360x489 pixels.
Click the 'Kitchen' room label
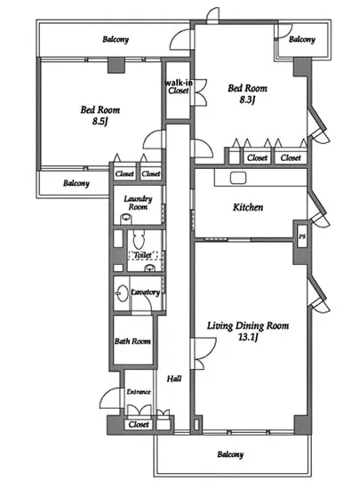(248, 207)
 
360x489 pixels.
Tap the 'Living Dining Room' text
(248, 326)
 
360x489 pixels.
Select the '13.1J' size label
(248, 337)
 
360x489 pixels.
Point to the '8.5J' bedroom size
(100, 121)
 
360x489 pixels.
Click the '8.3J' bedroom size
(247, 100)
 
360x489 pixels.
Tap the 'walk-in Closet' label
(179, 87)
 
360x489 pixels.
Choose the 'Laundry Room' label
(138, 203)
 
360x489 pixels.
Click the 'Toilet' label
(143, 255)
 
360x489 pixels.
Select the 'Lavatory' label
(145, 293)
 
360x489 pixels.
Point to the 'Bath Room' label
(132, 341)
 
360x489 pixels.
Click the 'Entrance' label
(139, 392)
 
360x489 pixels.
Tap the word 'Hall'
(174, 379)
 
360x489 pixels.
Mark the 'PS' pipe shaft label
(301, 236)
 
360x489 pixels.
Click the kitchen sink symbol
(238, 178)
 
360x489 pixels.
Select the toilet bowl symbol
(139, 239)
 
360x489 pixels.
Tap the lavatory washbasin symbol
(122, 293)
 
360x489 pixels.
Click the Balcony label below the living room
(230, 454)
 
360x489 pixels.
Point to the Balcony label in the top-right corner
(301, 39)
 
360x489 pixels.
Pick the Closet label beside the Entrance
(139, 424)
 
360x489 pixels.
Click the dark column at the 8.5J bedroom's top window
(116, 66)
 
